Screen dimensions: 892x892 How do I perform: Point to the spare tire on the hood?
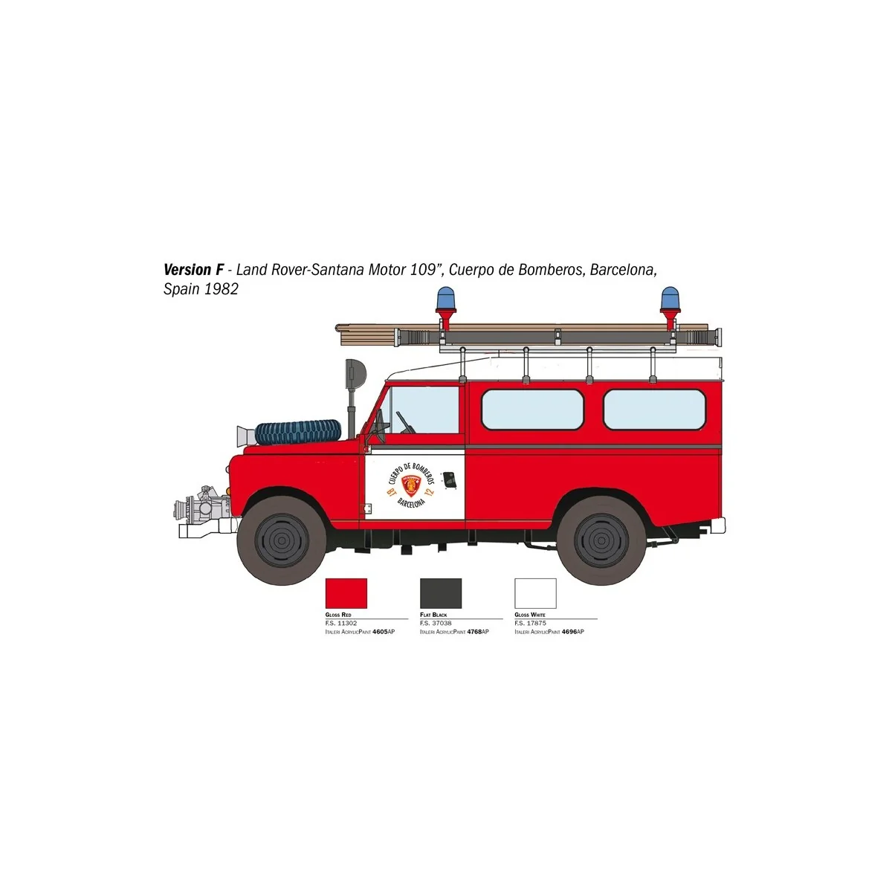coord(298,431)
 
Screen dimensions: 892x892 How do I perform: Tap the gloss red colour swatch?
coord(346,593)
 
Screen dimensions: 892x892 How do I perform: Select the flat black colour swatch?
coord(441,593)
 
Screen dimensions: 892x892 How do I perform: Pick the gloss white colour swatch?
coord(535,593)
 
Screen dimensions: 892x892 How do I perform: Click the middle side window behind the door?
coord(532,410)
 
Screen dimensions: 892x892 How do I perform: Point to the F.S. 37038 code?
coord(435,623)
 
